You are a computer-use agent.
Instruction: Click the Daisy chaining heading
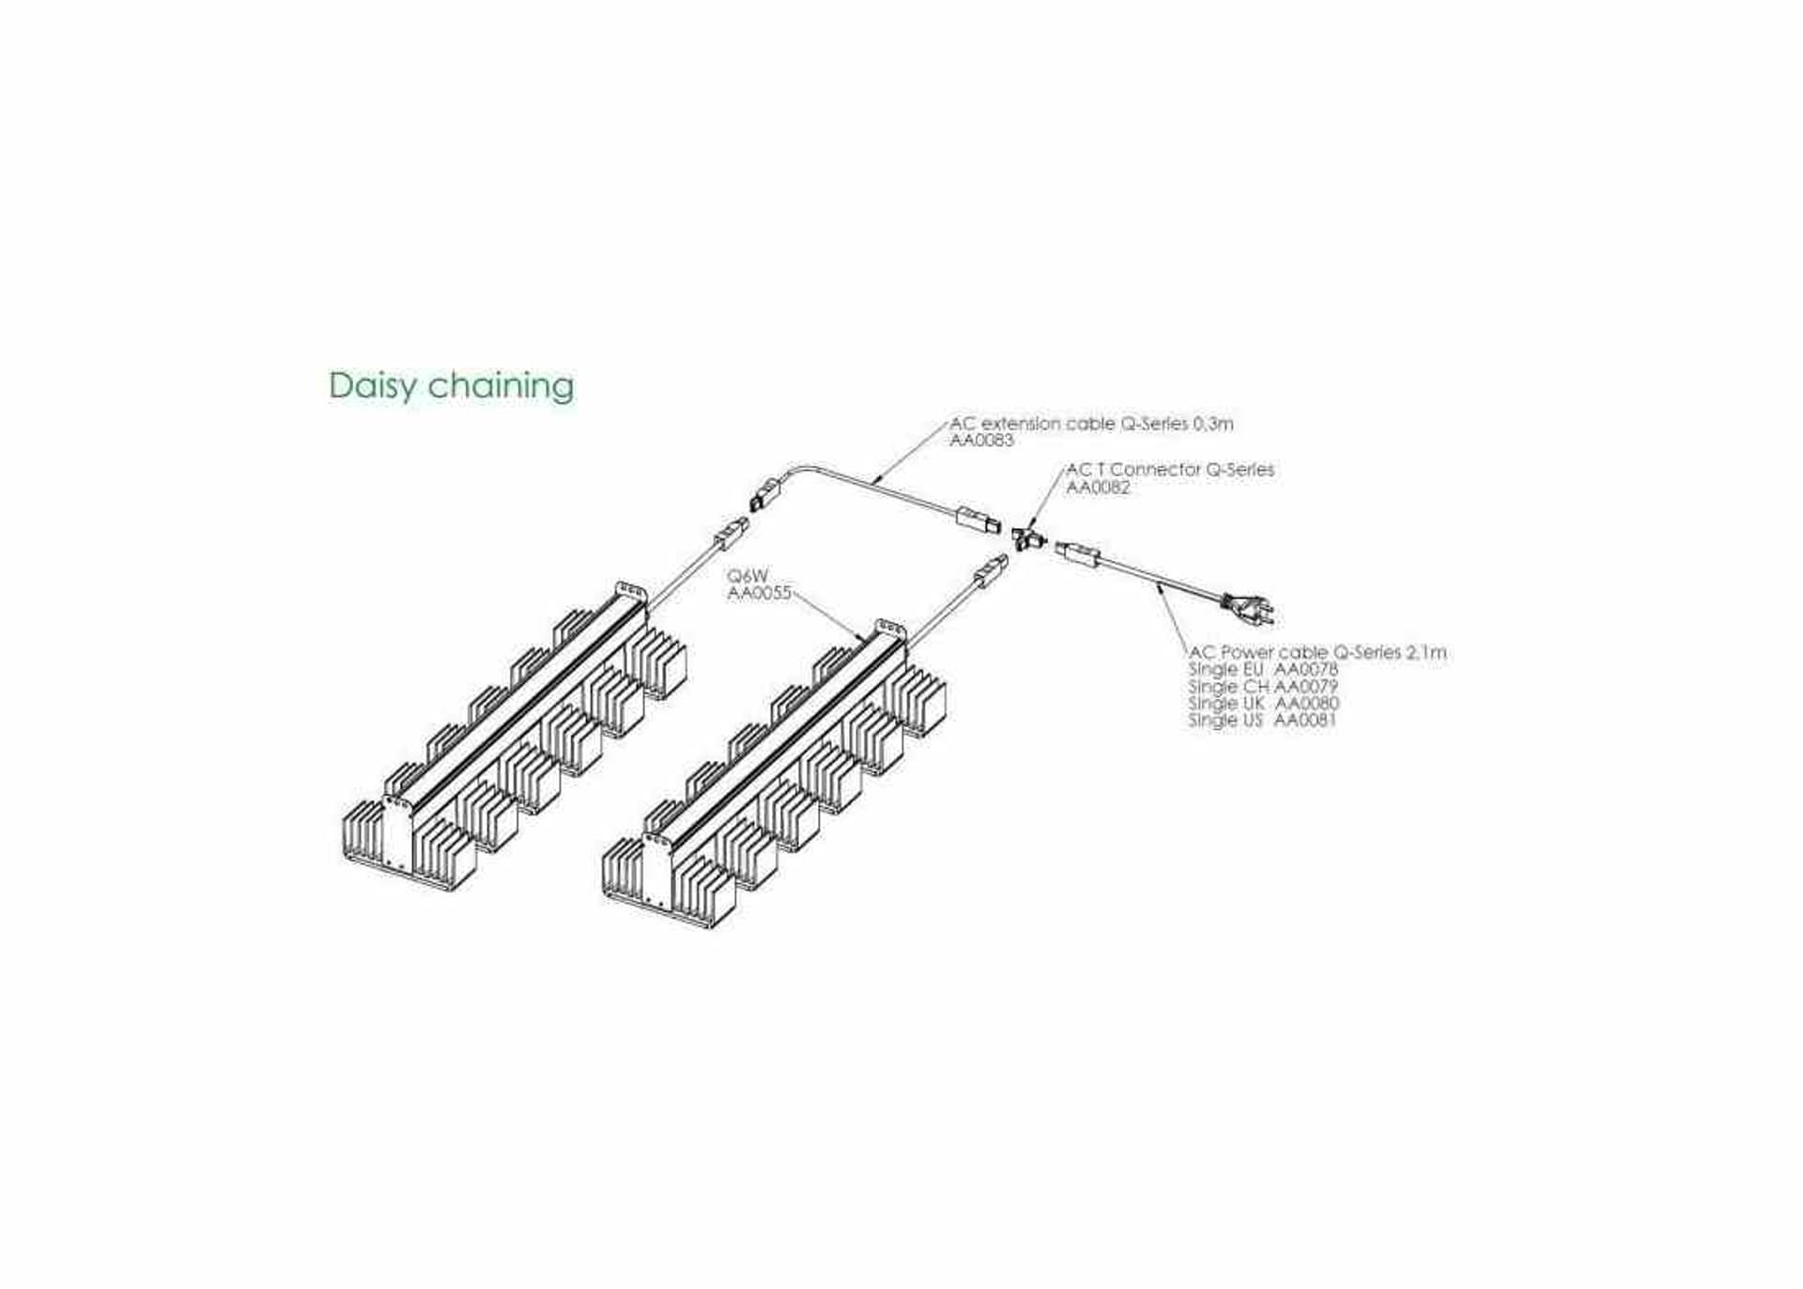click(x=451, y=386)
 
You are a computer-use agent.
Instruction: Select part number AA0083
click(x=981, y=441)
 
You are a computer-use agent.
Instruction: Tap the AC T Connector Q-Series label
click(x=1170, y=469)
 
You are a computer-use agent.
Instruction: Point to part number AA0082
click(x=1098, y=487)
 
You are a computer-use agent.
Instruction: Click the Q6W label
click(x=747, y=575)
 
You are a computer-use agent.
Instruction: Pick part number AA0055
click(x=760, y=593)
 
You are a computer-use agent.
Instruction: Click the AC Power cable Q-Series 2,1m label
click(x=1318, y=651)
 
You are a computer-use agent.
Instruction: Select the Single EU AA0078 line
click(x=1263, y=669)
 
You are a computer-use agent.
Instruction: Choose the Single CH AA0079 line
click(x=1263, y=686)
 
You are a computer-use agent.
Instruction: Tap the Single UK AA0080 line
click(x=1263, y=703)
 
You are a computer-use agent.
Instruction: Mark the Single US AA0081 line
click(x=1261, y=720)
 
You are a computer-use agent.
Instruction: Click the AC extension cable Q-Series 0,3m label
click(x=1091, y=424)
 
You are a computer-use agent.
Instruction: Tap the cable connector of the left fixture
click(x=732, y=535)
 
